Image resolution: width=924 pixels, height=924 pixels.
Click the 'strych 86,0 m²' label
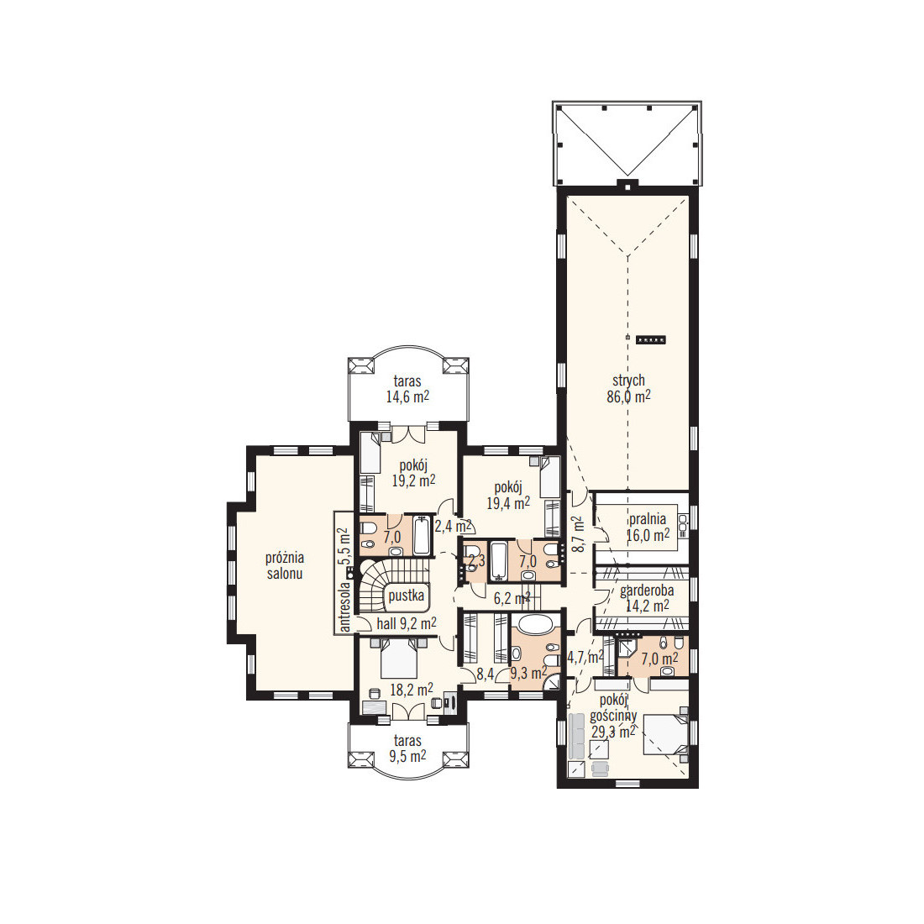click(629, 388)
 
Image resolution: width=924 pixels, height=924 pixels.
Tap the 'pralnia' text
click(648, 519)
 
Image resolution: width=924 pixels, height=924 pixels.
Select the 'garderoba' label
click(647, 590)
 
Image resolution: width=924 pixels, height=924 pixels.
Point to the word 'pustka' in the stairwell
click(406, 596)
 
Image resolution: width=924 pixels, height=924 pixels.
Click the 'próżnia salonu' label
click(285, 565)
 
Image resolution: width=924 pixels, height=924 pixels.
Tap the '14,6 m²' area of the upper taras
click(407, 396)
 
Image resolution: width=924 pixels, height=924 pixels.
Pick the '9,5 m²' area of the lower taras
click(407, 756)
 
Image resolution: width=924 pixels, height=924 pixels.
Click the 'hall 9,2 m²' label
click(407, 623)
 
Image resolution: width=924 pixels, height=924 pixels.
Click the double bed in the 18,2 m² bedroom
click(399, 659)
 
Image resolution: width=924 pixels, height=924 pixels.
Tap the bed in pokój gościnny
click(665, 734)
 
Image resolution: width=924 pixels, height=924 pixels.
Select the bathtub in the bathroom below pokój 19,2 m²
click(422, 536)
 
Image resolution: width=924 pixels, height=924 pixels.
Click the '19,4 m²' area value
click(508, 502)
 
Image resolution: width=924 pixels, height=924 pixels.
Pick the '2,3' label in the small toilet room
click(477, 560)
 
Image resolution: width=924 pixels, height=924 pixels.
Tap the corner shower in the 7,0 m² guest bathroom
click(625, 651)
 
